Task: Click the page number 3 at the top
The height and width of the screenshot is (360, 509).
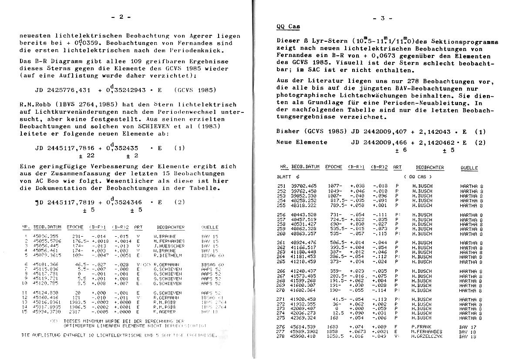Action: [383, 18]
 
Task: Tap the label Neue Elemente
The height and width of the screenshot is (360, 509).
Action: [301, 142]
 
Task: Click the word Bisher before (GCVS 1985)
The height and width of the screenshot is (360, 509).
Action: [288, 131]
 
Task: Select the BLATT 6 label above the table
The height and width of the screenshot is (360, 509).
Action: [288, 177]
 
